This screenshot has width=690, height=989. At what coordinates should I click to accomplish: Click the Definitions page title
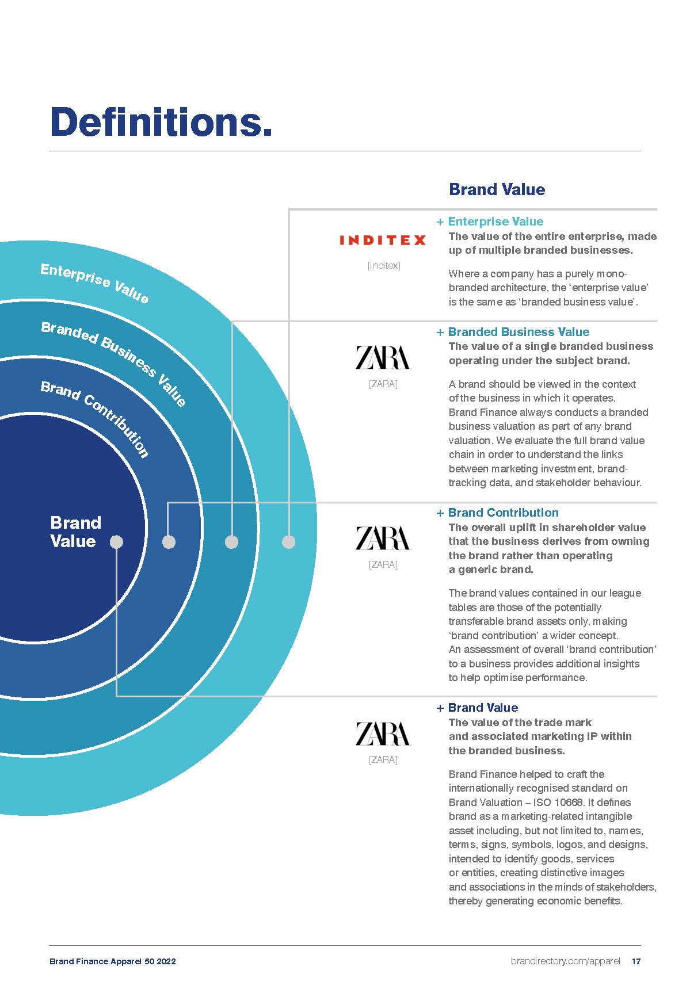point(161,121)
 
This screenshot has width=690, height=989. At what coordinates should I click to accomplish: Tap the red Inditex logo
point(383,240)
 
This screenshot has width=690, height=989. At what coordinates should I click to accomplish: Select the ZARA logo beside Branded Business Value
point(383,357)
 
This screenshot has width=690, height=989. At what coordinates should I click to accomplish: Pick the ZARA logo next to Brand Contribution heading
point(383,538)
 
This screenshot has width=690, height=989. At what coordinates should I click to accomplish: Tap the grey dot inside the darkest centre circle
point(116,542)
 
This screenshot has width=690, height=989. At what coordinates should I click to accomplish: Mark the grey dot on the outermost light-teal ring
point(289,542)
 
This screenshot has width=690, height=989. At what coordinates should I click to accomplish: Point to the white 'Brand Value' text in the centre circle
point(75,532)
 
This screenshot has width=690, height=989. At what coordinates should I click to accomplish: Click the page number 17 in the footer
point(636,961)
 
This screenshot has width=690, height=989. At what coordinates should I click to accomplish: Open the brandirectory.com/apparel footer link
point(565,961)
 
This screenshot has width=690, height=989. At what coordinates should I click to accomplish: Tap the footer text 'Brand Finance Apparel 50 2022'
point(113,961)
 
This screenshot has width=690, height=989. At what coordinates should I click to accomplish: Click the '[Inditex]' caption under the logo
point(384,265)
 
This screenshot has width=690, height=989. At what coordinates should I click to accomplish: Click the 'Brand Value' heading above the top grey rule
point(497,189)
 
